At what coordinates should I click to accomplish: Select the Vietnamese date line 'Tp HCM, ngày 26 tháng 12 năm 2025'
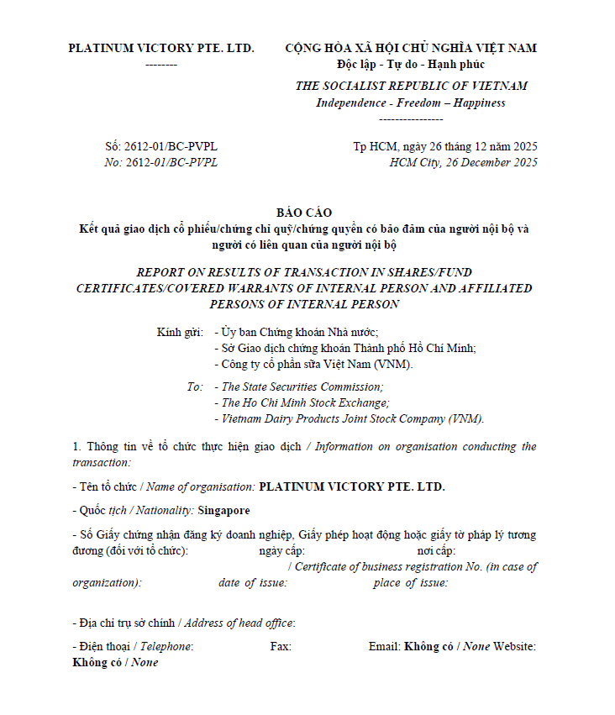444,146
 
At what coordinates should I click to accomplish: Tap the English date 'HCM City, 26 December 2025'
464,162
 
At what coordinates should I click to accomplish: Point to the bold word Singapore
223,510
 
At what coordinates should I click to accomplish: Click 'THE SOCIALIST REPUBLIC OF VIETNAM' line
411,86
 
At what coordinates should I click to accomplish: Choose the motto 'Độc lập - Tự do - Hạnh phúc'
410,65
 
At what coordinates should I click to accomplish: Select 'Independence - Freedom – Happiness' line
410,103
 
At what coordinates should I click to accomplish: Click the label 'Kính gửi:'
180,332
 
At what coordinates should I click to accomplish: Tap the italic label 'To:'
195,387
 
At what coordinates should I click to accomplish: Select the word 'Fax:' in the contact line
281,646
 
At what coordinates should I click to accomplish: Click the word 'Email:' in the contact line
384,646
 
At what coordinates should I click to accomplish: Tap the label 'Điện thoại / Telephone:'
133,646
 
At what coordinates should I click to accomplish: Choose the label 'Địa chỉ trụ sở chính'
124,623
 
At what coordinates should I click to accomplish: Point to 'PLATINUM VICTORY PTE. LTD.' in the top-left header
161,48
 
